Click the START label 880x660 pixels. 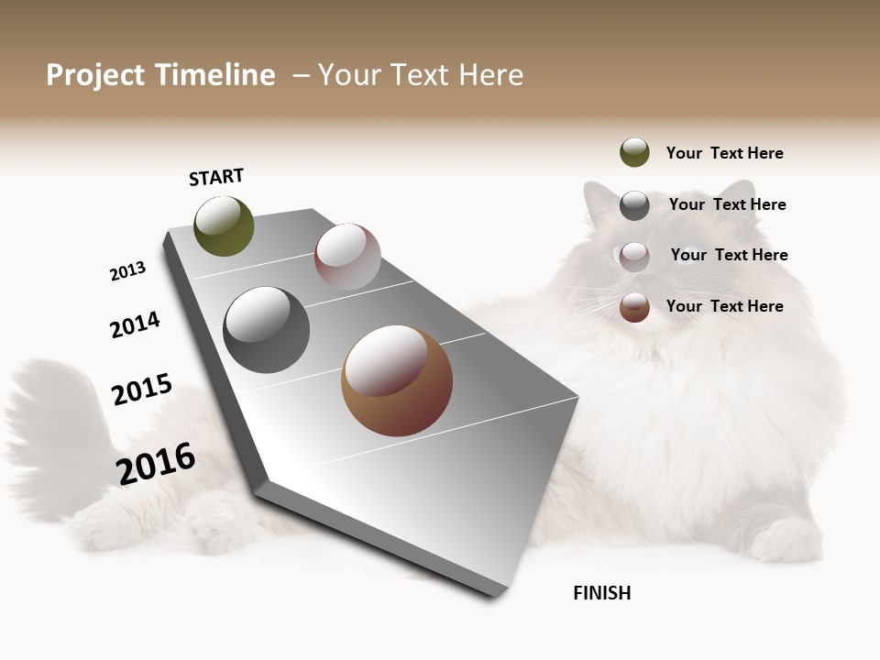click(x=216, y=177)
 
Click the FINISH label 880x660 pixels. click(x=601, y=593)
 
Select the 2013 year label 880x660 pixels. click(x=127, y=271)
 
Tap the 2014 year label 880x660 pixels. click(x=135, y=325)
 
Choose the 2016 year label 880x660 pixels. click(x=156, y=463)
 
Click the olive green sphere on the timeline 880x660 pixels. click(x=225, y=226)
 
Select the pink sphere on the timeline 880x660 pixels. click(x=347, y=257)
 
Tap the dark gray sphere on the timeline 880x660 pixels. click(x=267, y=330)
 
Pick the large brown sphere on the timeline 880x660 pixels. click(x=397, y=380)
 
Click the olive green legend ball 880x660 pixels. click(x=634, y=152)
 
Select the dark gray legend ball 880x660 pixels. click(x=634, y=205)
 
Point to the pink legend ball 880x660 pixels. click(x=634, y=257)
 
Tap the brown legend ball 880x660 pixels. click(x=634, y=307)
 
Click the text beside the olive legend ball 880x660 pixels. click(x=724, y=153)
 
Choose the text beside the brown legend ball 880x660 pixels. click(x=724, y=306)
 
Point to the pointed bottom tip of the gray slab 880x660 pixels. click(x=496, y=596)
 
